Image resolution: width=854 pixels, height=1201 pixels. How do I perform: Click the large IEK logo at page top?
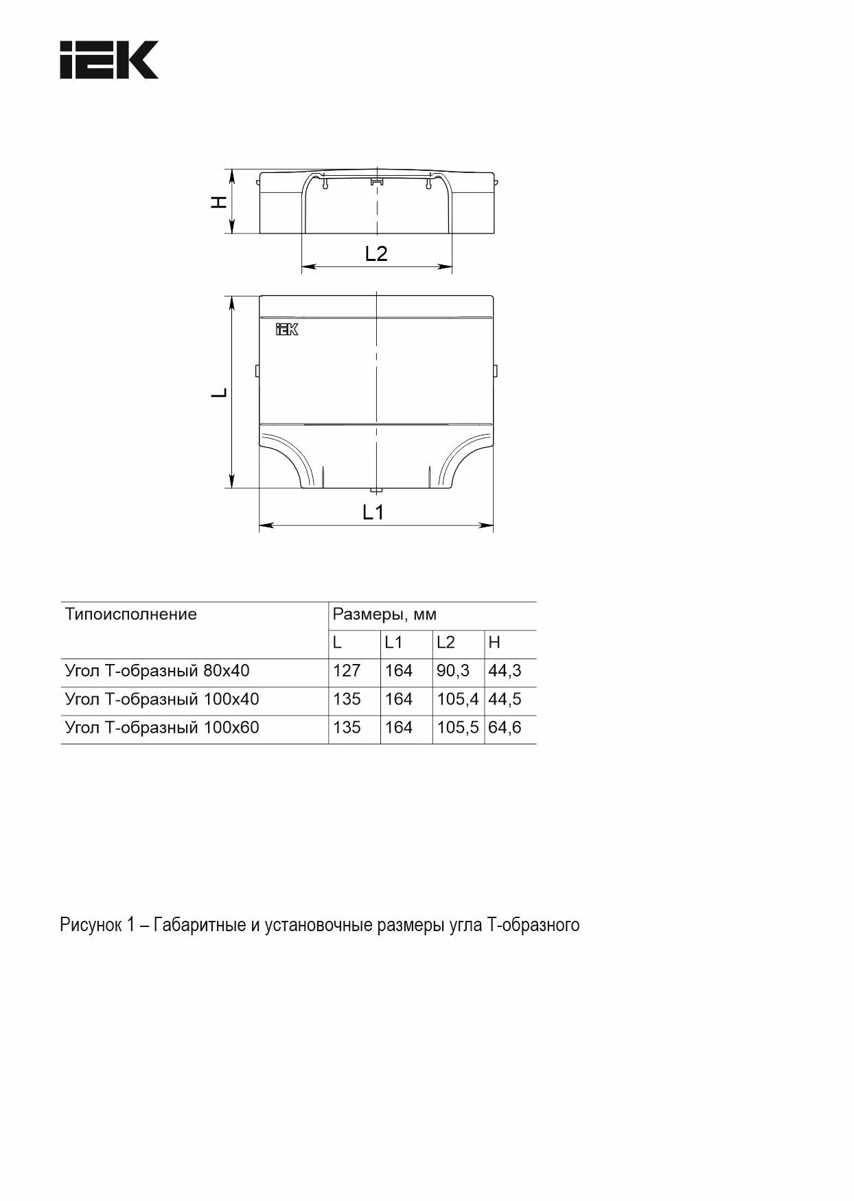(x=109, y=60)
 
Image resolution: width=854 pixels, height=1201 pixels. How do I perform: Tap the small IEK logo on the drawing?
(x=287, y=330)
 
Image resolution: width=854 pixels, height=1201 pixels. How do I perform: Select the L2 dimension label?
(x=376, y=254)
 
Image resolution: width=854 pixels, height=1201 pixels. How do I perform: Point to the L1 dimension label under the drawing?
(x=373, y=512)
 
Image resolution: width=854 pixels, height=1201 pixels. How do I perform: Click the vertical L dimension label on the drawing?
(x=219, y=393)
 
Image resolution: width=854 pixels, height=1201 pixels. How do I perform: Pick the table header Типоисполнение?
(x=130, y=614)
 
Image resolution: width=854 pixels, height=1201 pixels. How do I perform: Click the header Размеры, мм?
(x=384, y=614)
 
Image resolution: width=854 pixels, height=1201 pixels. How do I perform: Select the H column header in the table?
(x=494, y=643)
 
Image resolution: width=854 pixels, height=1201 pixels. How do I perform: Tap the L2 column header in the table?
(x=446, y=643)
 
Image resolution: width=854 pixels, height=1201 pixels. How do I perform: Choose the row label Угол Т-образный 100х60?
(x=162, y=727)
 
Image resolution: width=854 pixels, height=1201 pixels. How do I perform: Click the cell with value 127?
(x=347, y=671)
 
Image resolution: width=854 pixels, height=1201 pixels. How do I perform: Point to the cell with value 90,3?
(x=453, y=671)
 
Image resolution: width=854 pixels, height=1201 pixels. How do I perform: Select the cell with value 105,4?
(x=457, y=699)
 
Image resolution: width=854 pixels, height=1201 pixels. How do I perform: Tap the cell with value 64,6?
(x=505, y=727)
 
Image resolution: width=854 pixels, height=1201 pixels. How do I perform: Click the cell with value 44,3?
(x=505, y=671)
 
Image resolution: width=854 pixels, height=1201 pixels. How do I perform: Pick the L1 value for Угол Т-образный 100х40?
(x=399, y=699)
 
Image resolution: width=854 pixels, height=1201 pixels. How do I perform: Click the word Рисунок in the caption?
(x=90, y=925)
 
